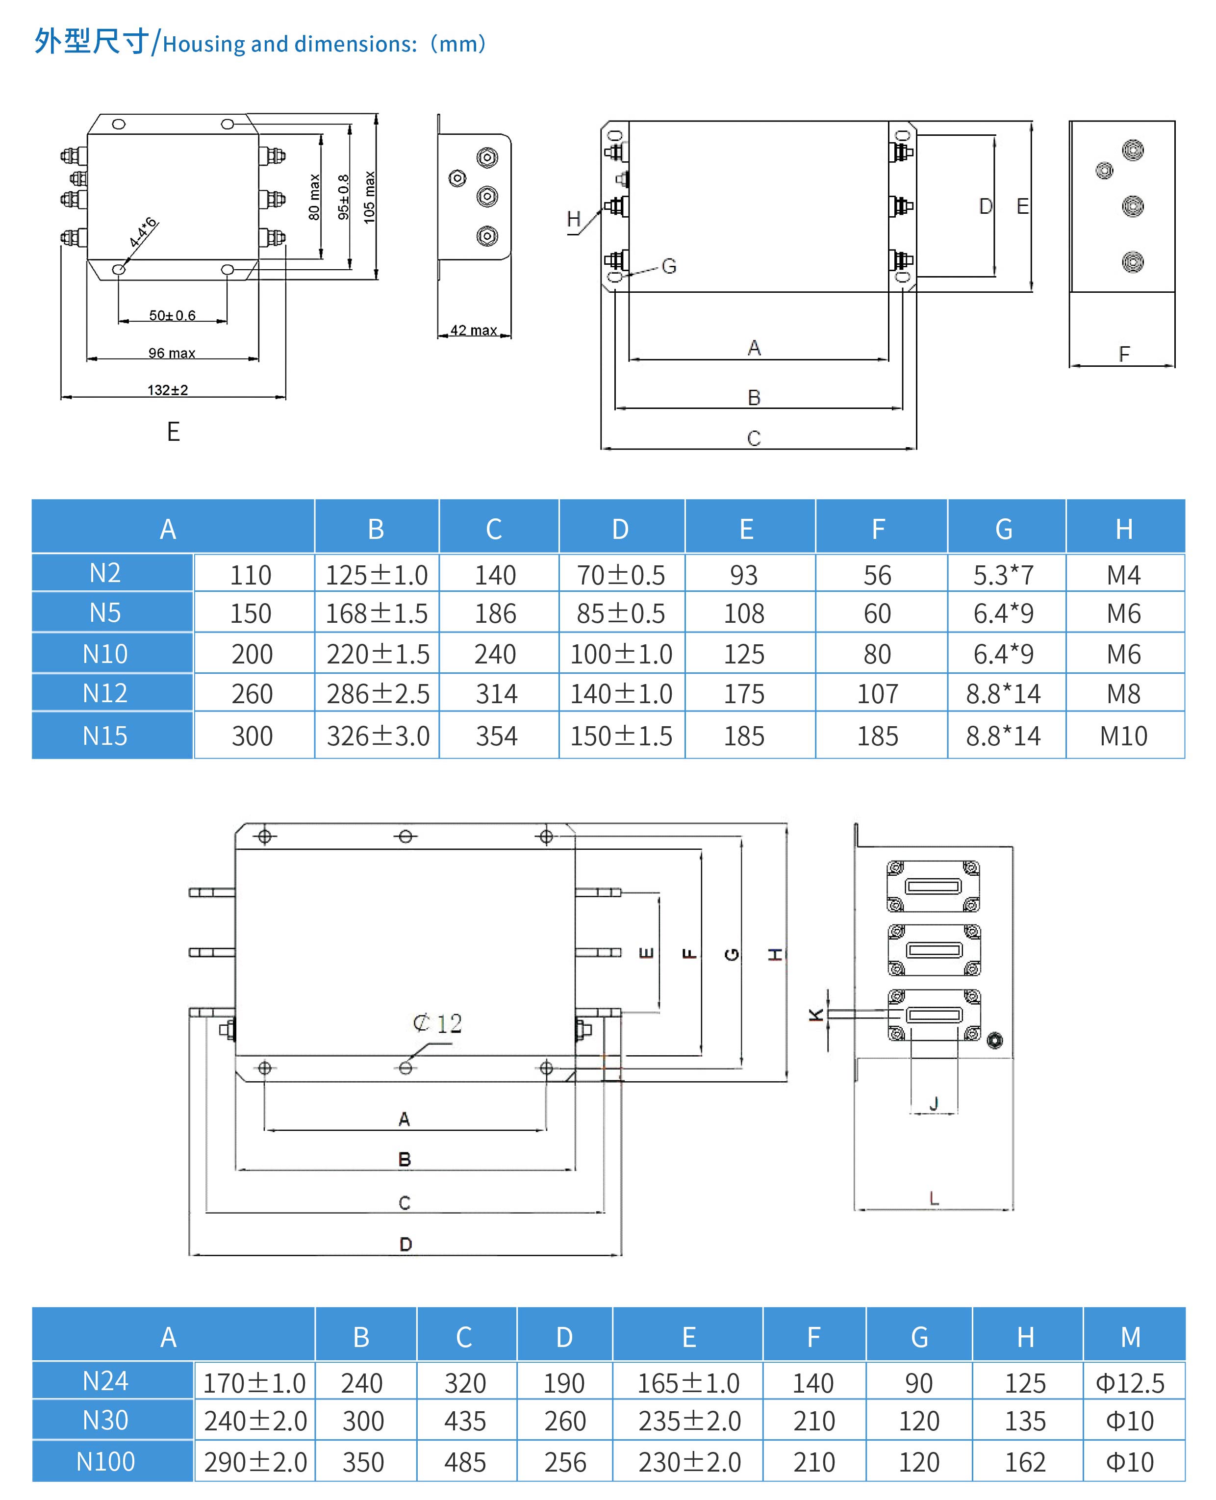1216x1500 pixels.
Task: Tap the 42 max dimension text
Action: pos(474,330)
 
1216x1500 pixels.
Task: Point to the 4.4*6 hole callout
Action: pos(142,232)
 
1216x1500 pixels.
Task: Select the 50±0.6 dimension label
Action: pos(172,315)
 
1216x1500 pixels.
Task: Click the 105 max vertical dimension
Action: pos(370,198)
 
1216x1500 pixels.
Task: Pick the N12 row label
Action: pos(105,693)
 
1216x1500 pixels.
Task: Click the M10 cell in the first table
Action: pos(1123,736)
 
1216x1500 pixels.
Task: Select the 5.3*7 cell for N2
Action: pos(1003,575)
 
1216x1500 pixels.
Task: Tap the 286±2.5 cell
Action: pos(378,693)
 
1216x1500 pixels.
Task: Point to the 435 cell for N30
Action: pos(465,1421)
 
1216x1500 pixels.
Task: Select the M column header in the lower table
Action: pos(1131,1337)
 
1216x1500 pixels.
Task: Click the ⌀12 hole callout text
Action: pos(438,1023)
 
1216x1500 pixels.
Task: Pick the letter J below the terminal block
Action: pos(934,1103)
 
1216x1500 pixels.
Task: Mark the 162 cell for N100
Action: pos(1025,1462)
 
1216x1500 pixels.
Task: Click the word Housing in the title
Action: pos(204,44)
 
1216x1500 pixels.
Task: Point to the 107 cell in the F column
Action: pos(878,693)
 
